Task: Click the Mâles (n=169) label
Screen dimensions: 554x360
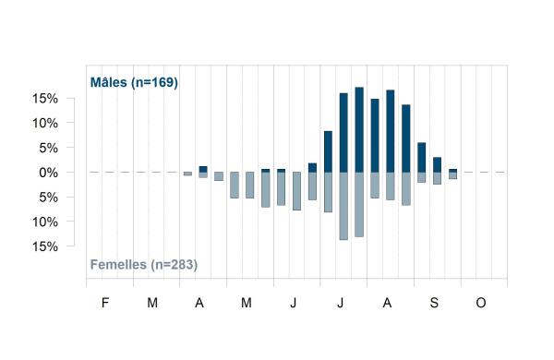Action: pyautogui.click(x=134, y=83)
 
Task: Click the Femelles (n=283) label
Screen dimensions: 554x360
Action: pyautogui.click(x=144, y=265)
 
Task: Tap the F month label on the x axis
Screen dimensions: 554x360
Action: pyautogui.click(x=105, y=303)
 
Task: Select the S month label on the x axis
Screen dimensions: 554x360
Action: pyautogui.click(x=434, y=303)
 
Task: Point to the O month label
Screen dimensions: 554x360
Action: pyautogui.click(x=481, y=303)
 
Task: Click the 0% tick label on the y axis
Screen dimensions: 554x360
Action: pyautogui.click(x=48, y=173)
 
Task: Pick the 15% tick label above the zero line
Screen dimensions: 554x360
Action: pyautogui.click(x=45, y=99)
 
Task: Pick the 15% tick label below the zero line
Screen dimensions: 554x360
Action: pyautogui.click(x=45, y=246)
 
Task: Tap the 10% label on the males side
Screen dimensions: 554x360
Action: pyautogui.click(x=45, y=124)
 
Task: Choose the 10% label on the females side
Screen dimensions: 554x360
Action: pyautogui.click(x=45, y=222)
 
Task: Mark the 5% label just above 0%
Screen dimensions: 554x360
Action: pyautogui.click(x=48, y=148)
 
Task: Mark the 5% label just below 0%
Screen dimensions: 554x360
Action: pyautogui.click(x=48, y=198)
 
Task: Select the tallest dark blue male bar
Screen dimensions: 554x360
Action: pyautogui.click(x=359, y=129)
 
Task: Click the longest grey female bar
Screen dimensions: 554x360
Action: pyautogui.click(x=343, y=206)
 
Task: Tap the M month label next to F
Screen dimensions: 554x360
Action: pyautogui.click(x=152, y=303)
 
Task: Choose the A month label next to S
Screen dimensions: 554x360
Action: pyautogui.click(x=387, y=303)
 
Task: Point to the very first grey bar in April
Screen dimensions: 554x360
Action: pyautogui.click(x=187, y=174)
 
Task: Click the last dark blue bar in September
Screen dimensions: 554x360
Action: pyautogui.click(x=453, y=171)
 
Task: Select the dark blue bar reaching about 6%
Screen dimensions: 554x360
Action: pyautogui.click(x=422, y=158)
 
